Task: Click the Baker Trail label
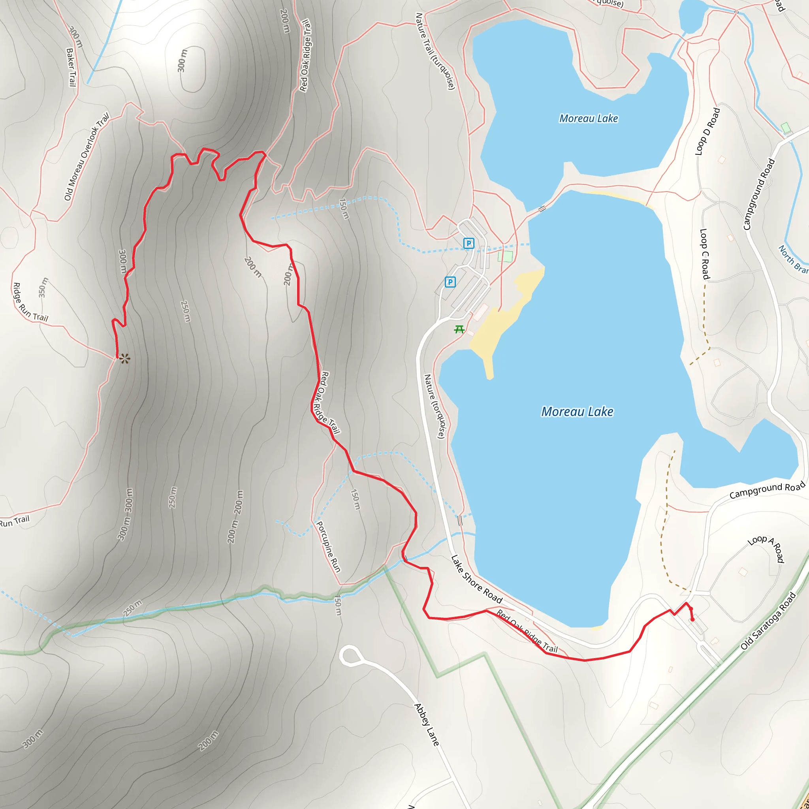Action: click(71, 68)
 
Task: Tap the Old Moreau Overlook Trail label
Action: click(87, 156)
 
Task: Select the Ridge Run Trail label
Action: click(30, 303)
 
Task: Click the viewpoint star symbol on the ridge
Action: click(124, 359)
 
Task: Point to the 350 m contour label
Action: click(43, 288)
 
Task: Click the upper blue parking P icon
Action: click(468, 243)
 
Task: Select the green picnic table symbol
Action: click(459, 329)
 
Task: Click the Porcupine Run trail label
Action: click(328, 547)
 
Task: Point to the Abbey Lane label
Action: click(427, 725)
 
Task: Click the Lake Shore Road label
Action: click(476, 579)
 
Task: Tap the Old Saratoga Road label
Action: click(768, 621)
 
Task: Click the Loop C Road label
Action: click(705, 254)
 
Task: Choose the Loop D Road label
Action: click(707, 132)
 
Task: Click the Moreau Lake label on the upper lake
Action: click(588, 119)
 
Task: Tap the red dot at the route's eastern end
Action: click(692, 620)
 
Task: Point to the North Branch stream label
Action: click(793, 260)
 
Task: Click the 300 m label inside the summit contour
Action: click(182, 61)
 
